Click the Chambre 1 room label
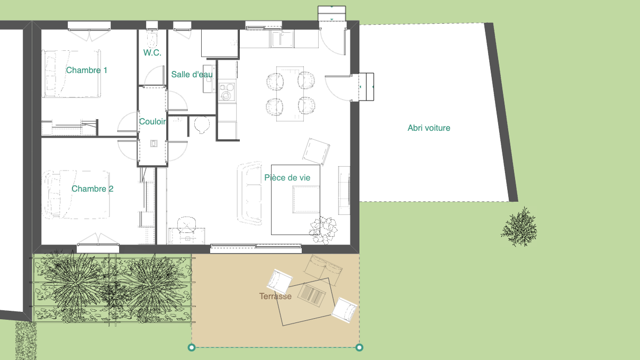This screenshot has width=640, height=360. [x=87, y=70]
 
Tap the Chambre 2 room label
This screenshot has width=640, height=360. [x=92, y=189]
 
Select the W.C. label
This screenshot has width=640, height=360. [x=152, y=52]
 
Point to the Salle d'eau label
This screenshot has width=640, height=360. [x=192, y=75]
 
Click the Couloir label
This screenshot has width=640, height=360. [x=152, y=122]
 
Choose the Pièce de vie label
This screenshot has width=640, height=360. [x=287, y=178]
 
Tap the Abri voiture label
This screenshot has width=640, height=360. [x=429, y=128]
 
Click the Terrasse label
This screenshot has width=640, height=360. [x=275, y=296]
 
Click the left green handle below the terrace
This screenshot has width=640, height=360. [x=192, y=347]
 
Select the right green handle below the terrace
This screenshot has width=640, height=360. [x=359, y=347]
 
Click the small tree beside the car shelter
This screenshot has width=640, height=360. [x=519, y=227]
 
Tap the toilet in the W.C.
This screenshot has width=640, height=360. [x=152, y=39]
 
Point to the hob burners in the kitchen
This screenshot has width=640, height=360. [x=227, y=92]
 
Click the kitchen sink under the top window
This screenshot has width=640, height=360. [x=282, y=39]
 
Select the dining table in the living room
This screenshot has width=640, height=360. [x=290, y=94]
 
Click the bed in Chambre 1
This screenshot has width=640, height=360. [x=71, y=74]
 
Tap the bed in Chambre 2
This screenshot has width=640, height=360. [x=76, y=195]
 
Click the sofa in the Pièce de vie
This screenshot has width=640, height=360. [x=249, y=193]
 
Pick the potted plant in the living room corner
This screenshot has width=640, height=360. [x=323, y=230]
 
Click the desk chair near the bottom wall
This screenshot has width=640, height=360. [x=186, y=224]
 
